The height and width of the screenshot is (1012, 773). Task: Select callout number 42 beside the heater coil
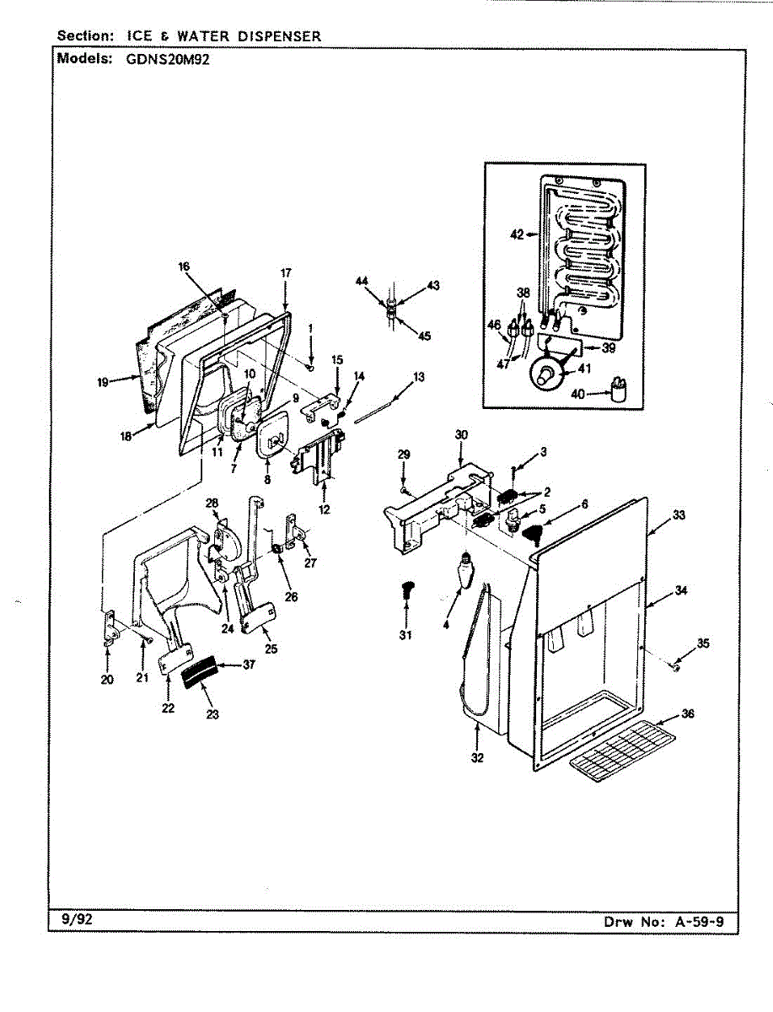[517, 234]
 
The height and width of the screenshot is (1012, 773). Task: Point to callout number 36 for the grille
[688, 713]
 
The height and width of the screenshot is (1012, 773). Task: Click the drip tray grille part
[622, 747]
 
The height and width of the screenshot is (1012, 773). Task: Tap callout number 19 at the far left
[103, 382]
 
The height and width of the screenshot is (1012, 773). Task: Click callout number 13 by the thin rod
[419, 375]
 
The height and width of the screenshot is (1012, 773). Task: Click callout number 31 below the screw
[405, 634]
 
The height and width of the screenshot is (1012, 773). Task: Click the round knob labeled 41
[545, 371]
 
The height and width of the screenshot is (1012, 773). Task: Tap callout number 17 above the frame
[286, 273]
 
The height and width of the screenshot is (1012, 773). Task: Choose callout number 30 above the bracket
[461, 434]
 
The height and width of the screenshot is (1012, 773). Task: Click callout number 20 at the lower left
[107, 680]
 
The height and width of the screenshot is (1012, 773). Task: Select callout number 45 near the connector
[424, 336]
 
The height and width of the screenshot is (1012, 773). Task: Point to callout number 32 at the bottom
[478, 757]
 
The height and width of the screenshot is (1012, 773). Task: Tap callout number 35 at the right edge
[703, 643]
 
